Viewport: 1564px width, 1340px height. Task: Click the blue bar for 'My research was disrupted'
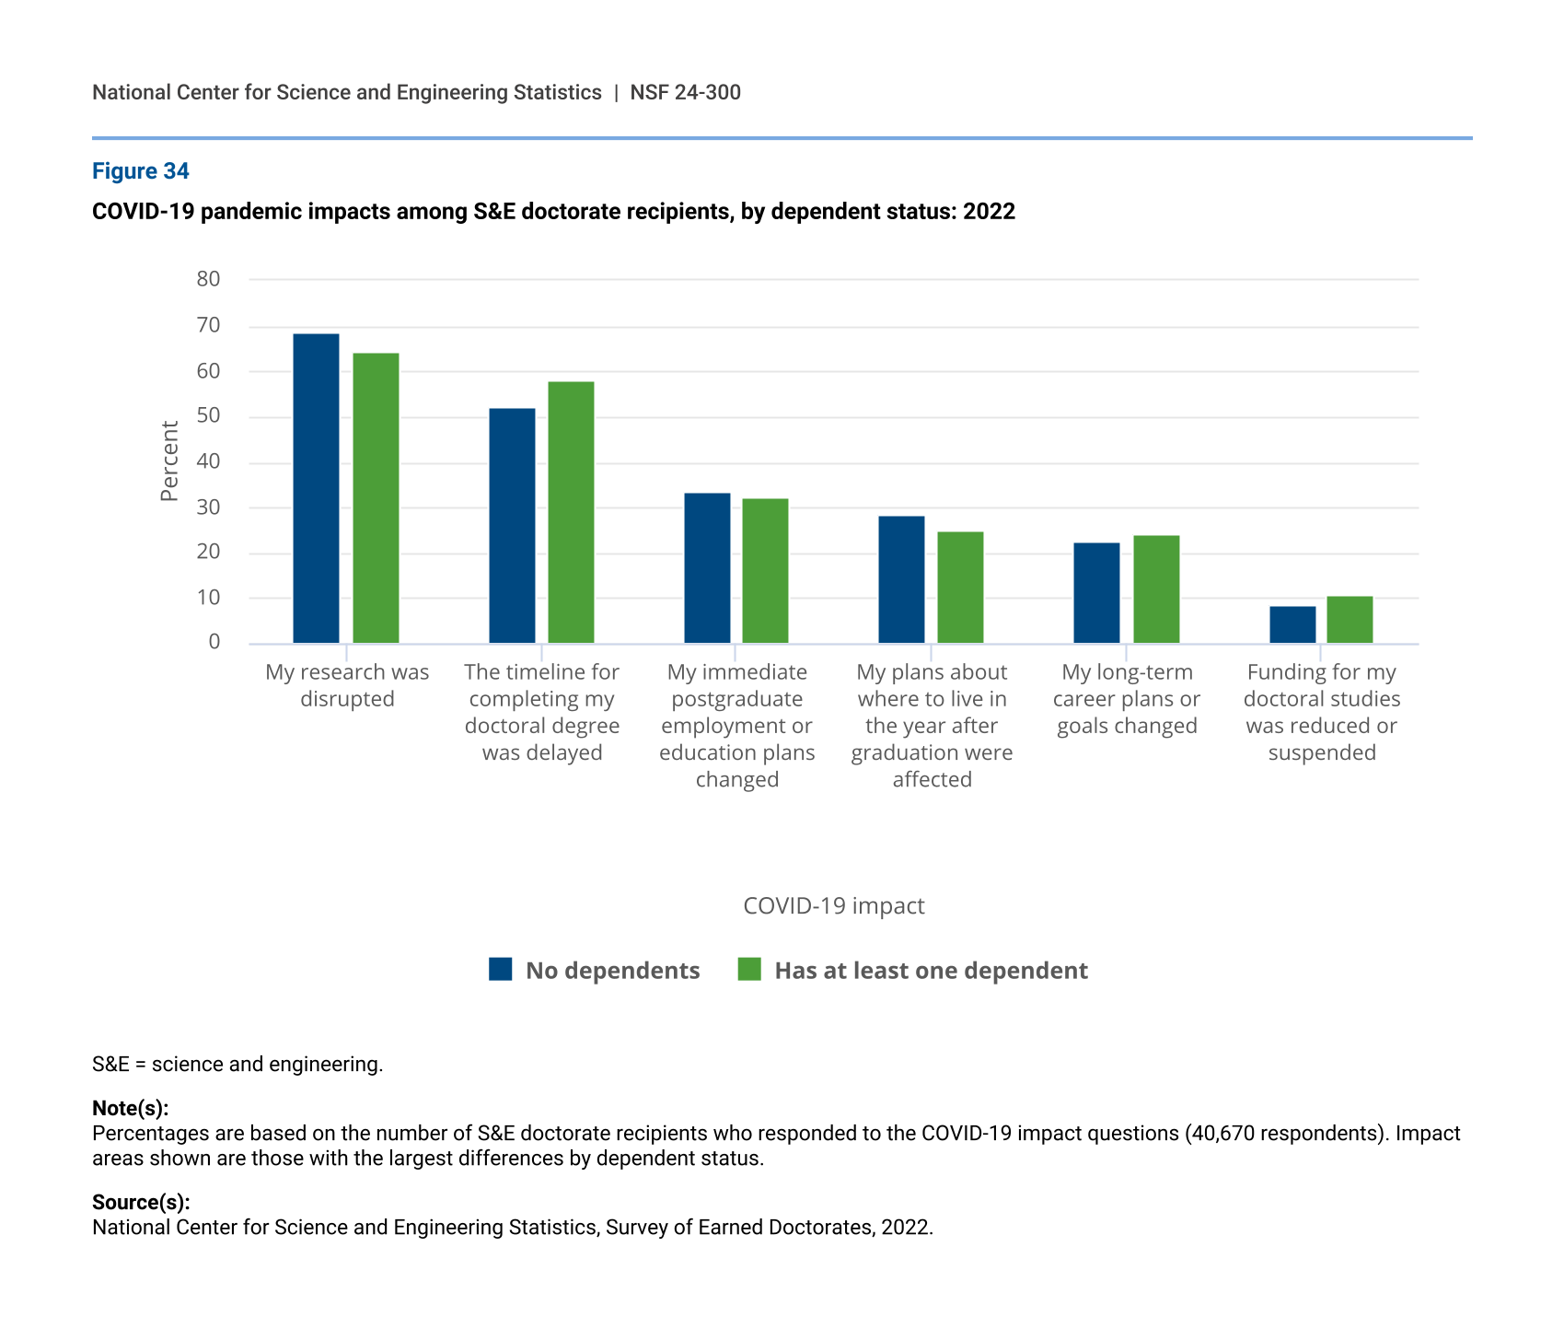point(316,488)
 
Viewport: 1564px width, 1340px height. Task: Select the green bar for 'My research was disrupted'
point(376,498)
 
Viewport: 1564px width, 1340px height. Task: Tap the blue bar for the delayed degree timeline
point(512,526)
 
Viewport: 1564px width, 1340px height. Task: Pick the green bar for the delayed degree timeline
point(571,512)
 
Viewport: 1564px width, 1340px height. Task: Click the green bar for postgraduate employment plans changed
point(766,571)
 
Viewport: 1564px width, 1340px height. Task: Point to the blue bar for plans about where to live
point(902,579)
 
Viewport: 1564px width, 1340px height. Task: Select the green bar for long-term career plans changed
point(1156,589)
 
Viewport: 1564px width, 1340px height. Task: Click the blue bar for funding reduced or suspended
point(1292,624)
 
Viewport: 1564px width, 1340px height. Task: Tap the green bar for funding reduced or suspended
point(1350,620)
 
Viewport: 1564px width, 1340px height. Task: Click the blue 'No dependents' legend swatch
point(501,969)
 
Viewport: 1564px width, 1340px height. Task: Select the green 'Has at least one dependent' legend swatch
point(749,969)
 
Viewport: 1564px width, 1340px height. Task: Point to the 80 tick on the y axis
point(208,279)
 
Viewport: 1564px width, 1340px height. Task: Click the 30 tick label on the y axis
point(208,507)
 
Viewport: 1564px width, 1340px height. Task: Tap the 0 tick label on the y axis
point(214,642)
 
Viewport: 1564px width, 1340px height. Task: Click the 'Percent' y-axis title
point(169,460)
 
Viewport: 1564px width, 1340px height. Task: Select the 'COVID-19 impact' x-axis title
point(834,906)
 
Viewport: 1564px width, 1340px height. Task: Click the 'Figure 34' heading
point(141,171)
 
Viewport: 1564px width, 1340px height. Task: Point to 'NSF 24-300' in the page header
point(686,92)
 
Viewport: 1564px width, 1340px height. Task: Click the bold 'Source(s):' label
point(141,1203)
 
